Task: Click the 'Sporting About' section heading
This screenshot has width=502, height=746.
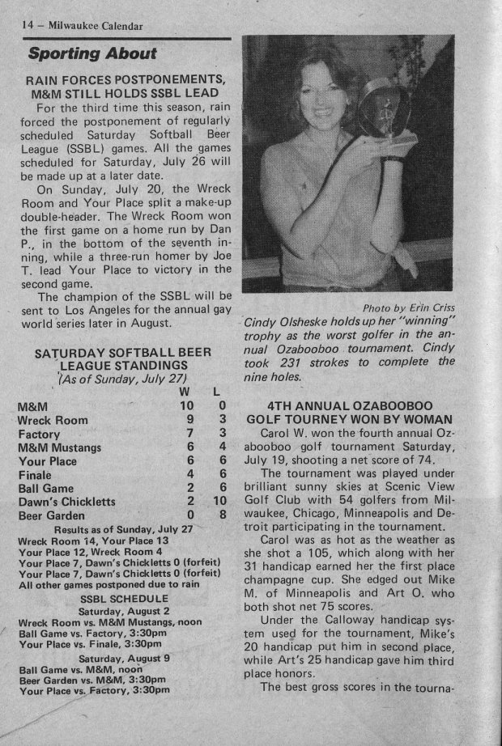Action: click(92, 54)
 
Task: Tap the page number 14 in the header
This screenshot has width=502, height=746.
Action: click(27, 26)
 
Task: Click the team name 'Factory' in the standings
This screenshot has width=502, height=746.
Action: click(39, 434)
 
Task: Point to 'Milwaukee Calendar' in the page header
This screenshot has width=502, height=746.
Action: click(96, 26)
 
